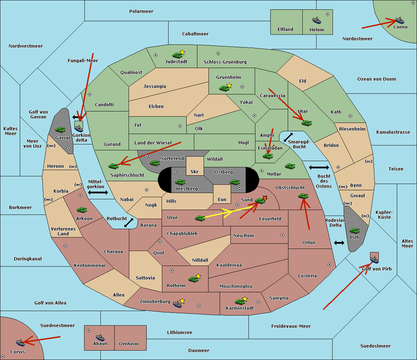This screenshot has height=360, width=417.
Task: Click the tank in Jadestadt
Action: (177, 55)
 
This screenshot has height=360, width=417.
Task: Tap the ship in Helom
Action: (317, 20)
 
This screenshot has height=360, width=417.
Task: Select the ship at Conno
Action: (400, 20)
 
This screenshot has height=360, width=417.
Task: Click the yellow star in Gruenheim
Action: (229, 85)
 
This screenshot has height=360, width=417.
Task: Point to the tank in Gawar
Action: (60, 129)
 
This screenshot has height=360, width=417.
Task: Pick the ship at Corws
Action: (20, 343)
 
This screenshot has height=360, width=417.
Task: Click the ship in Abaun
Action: (100, 337)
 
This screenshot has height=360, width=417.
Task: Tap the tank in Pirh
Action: (354, 231)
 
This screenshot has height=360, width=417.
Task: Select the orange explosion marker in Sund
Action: (265, 198)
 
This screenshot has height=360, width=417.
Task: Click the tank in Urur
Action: (200, 218)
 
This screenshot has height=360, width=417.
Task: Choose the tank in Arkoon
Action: (82, 210)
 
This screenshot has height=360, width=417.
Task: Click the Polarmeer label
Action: (141, 11)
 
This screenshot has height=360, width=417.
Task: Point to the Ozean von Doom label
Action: (376, 79)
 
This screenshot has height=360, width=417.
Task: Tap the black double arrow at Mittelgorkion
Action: (98, 192)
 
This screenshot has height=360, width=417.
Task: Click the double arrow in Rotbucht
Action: (129, 223)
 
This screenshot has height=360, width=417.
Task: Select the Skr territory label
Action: (195, 171)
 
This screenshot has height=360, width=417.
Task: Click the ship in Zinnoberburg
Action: (178, 304)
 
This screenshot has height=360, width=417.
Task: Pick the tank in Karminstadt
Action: (240, 302)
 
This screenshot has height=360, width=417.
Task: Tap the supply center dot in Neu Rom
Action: (283, 235)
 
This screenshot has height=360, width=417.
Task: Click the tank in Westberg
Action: (180, 182)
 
